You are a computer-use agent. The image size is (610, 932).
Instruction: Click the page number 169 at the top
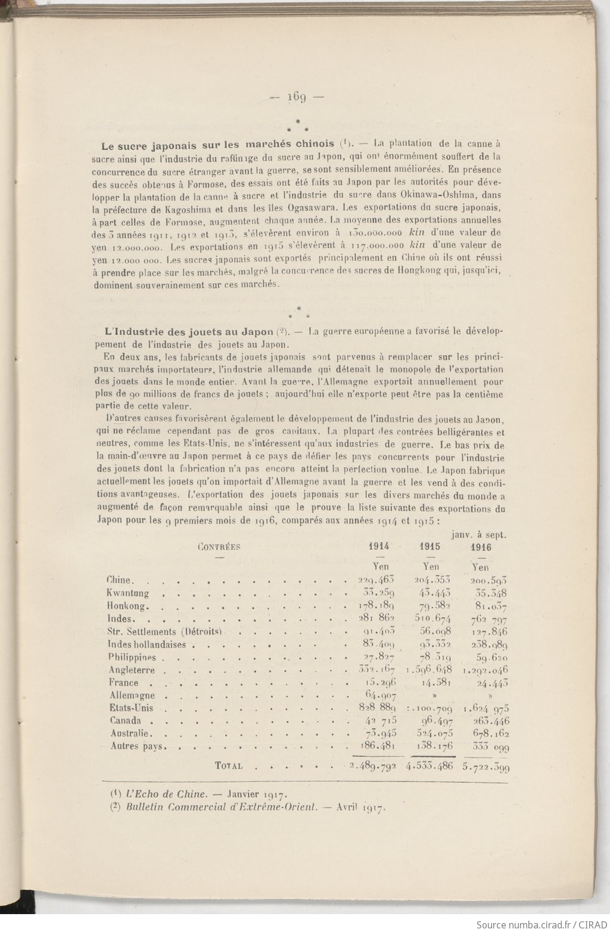click(x=296, y=98)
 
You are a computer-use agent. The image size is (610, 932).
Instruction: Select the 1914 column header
click(x=379, y=547)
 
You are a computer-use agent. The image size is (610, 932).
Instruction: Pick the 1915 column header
click(x=430, y=547)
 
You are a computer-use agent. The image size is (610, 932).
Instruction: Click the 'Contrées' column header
click(x=219, y=547)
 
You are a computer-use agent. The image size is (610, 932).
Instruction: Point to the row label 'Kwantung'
click(x=127, y=594)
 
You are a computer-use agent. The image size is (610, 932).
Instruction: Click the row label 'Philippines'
click(x=132, y=657)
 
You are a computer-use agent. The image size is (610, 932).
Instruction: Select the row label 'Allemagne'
click(x=132, y=695)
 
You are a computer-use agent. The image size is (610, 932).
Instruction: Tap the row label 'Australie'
click(x=131, y=734)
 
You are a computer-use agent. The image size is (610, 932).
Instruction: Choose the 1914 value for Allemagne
click(x=379, y=695)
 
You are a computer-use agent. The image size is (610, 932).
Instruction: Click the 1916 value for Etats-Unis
click(x=485, y=709)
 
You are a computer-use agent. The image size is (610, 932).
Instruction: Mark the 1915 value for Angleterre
click(x=429, y=670)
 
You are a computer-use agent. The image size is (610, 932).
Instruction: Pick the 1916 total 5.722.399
click(x=485, y=767)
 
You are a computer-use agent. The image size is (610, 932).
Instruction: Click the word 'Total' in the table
click(x=228, y=766)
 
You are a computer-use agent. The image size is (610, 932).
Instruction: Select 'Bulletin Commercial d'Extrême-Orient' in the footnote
click(x=219, y=808)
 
